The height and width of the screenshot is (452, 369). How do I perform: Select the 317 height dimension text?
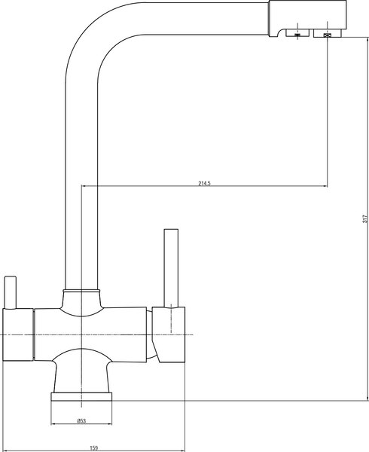point(364,218)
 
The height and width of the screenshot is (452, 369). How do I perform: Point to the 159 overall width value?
point(94,448)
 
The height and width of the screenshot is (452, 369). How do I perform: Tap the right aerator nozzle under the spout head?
point(328,35)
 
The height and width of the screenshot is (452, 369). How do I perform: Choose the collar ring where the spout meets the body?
point(81,290)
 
